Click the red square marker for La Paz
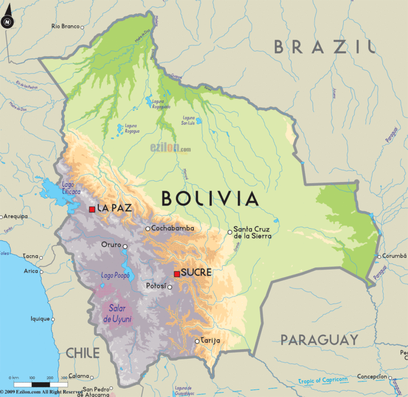click(x=92, y=209)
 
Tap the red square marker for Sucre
click(x=177, y=274)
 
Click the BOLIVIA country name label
click(x=210, y=198)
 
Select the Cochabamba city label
click(x=173, y=228)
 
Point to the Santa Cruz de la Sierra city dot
click(x=229, y=232)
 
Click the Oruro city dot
click(x=125, y=246)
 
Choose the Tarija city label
click(x=210, y=340)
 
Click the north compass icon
click(x=7, y=22)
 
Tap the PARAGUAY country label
click(x=319, y=340)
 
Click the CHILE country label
click(x=83, y=352)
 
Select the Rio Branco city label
click(x=65, y=26)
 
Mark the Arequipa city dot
click(x=2, y=217)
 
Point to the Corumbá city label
click(x=395, y=256)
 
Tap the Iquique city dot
click(x=53, y=319)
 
